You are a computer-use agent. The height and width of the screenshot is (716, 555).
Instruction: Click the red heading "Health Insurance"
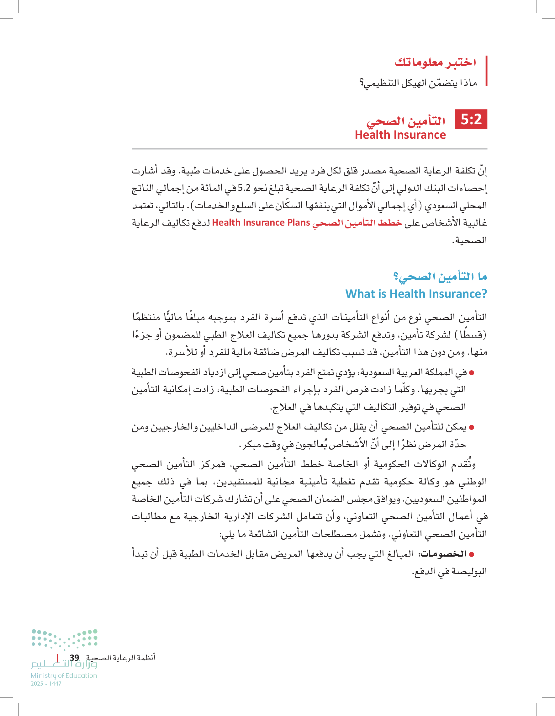400,135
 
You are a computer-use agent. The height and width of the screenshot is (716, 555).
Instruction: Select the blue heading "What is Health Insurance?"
416,294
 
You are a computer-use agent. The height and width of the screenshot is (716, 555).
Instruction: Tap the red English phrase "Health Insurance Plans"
261,222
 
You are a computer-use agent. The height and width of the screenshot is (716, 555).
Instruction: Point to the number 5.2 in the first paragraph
244,188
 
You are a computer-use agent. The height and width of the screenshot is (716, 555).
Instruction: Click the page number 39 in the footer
74,658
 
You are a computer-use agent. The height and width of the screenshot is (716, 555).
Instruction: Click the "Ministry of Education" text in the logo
64,675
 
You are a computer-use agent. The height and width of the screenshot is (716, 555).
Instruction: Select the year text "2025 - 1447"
46,684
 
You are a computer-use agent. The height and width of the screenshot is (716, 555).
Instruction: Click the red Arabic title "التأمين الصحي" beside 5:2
406,121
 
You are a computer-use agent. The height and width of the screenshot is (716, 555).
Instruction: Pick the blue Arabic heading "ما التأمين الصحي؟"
440,277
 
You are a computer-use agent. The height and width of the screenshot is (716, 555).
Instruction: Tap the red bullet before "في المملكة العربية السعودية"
472,373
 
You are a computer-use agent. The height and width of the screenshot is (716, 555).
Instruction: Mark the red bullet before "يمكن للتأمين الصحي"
472,428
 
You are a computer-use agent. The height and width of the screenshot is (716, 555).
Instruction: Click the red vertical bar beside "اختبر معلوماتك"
487,71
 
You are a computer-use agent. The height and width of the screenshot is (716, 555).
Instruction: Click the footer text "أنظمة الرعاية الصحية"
121,658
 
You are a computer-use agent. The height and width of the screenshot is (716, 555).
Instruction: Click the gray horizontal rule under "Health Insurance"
309,149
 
